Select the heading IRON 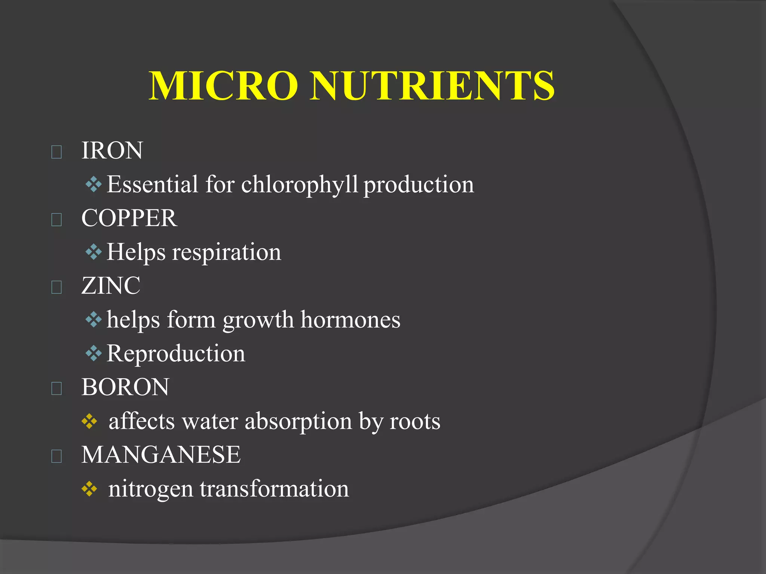[112, 151]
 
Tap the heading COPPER [129, 218]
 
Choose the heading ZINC [111, 286]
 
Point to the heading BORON [125, 387]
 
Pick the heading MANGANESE [161, 455]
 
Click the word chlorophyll [300, 185]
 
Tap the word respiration [226, 252]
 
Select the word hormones [350, 320]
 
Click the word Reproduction [176, 354]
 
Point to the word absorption [298, 422]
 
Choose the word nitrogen [150, 489]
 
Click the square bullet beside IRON [56, 152]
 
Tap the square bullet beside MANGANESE [56, 456]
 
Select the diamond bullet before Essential [94, 184]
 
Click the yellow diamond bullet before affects [89, 422]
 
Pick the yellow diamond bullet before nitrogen [89, 489]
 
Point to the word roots [415, 422]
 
